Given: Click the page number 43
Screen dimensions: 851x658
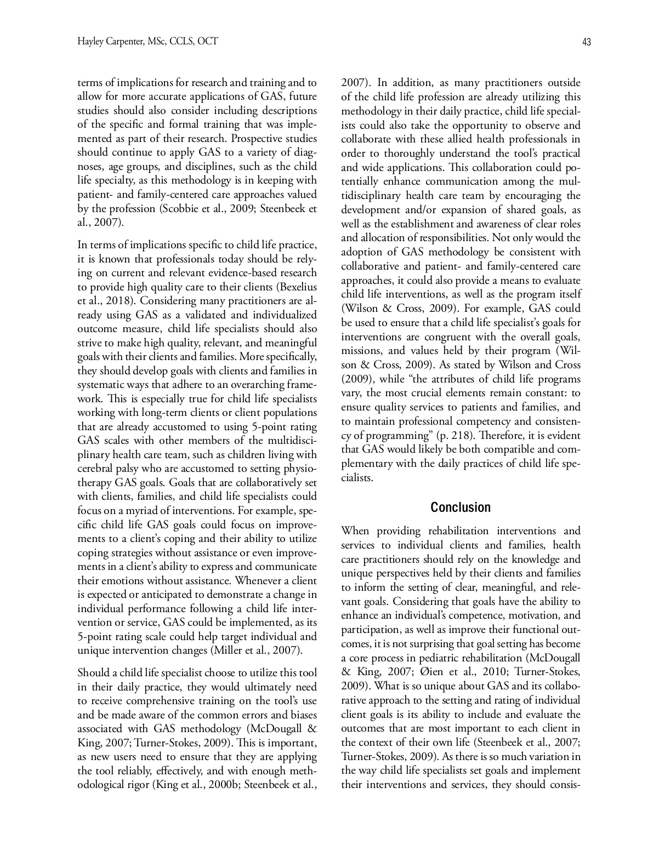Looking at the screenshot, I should (x=586, y=42).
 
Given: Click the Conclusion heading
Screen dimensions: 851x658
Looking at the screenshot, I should (x=460, y=507).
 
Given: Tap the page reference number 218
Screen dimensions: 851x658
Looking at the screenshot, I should (x=460, y=436).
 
